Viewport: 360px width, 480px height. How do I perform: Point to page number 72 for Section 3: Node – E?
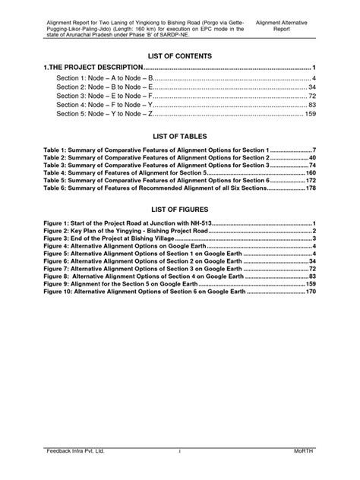pos(311,96)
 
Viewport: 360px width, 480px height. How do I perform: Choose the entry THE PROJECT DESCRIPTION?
pos(92,68)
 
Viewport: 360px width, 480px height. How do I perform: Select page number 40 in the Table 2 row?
pos(311,157)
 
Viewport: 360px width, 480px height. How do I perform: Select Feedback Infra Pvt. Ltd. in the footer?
pos(74,451)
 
